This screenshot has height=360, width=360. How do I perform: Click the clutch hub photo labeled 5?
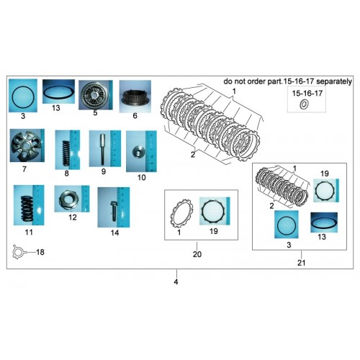[96, 95]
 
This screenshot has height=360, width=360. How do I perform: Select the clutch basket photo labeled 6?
[135, 96]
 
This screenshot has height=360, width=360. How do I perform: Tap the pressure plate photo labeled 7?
[27, 145]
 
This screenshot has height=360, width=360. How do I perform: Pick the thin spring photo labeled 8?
[68, 150]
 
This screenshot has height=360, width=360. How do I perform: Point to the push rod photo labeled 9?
[105, 148]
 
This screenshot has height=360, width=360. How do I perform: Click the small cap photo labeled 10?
[141, 151]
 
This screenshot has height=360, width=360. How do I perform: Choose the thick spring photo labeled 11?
[29, 205]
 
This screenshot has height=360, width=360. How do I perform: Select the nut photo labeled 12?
[72, 199]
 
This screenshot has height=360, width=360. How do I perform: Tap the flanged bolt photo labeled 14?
[114, 207]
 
